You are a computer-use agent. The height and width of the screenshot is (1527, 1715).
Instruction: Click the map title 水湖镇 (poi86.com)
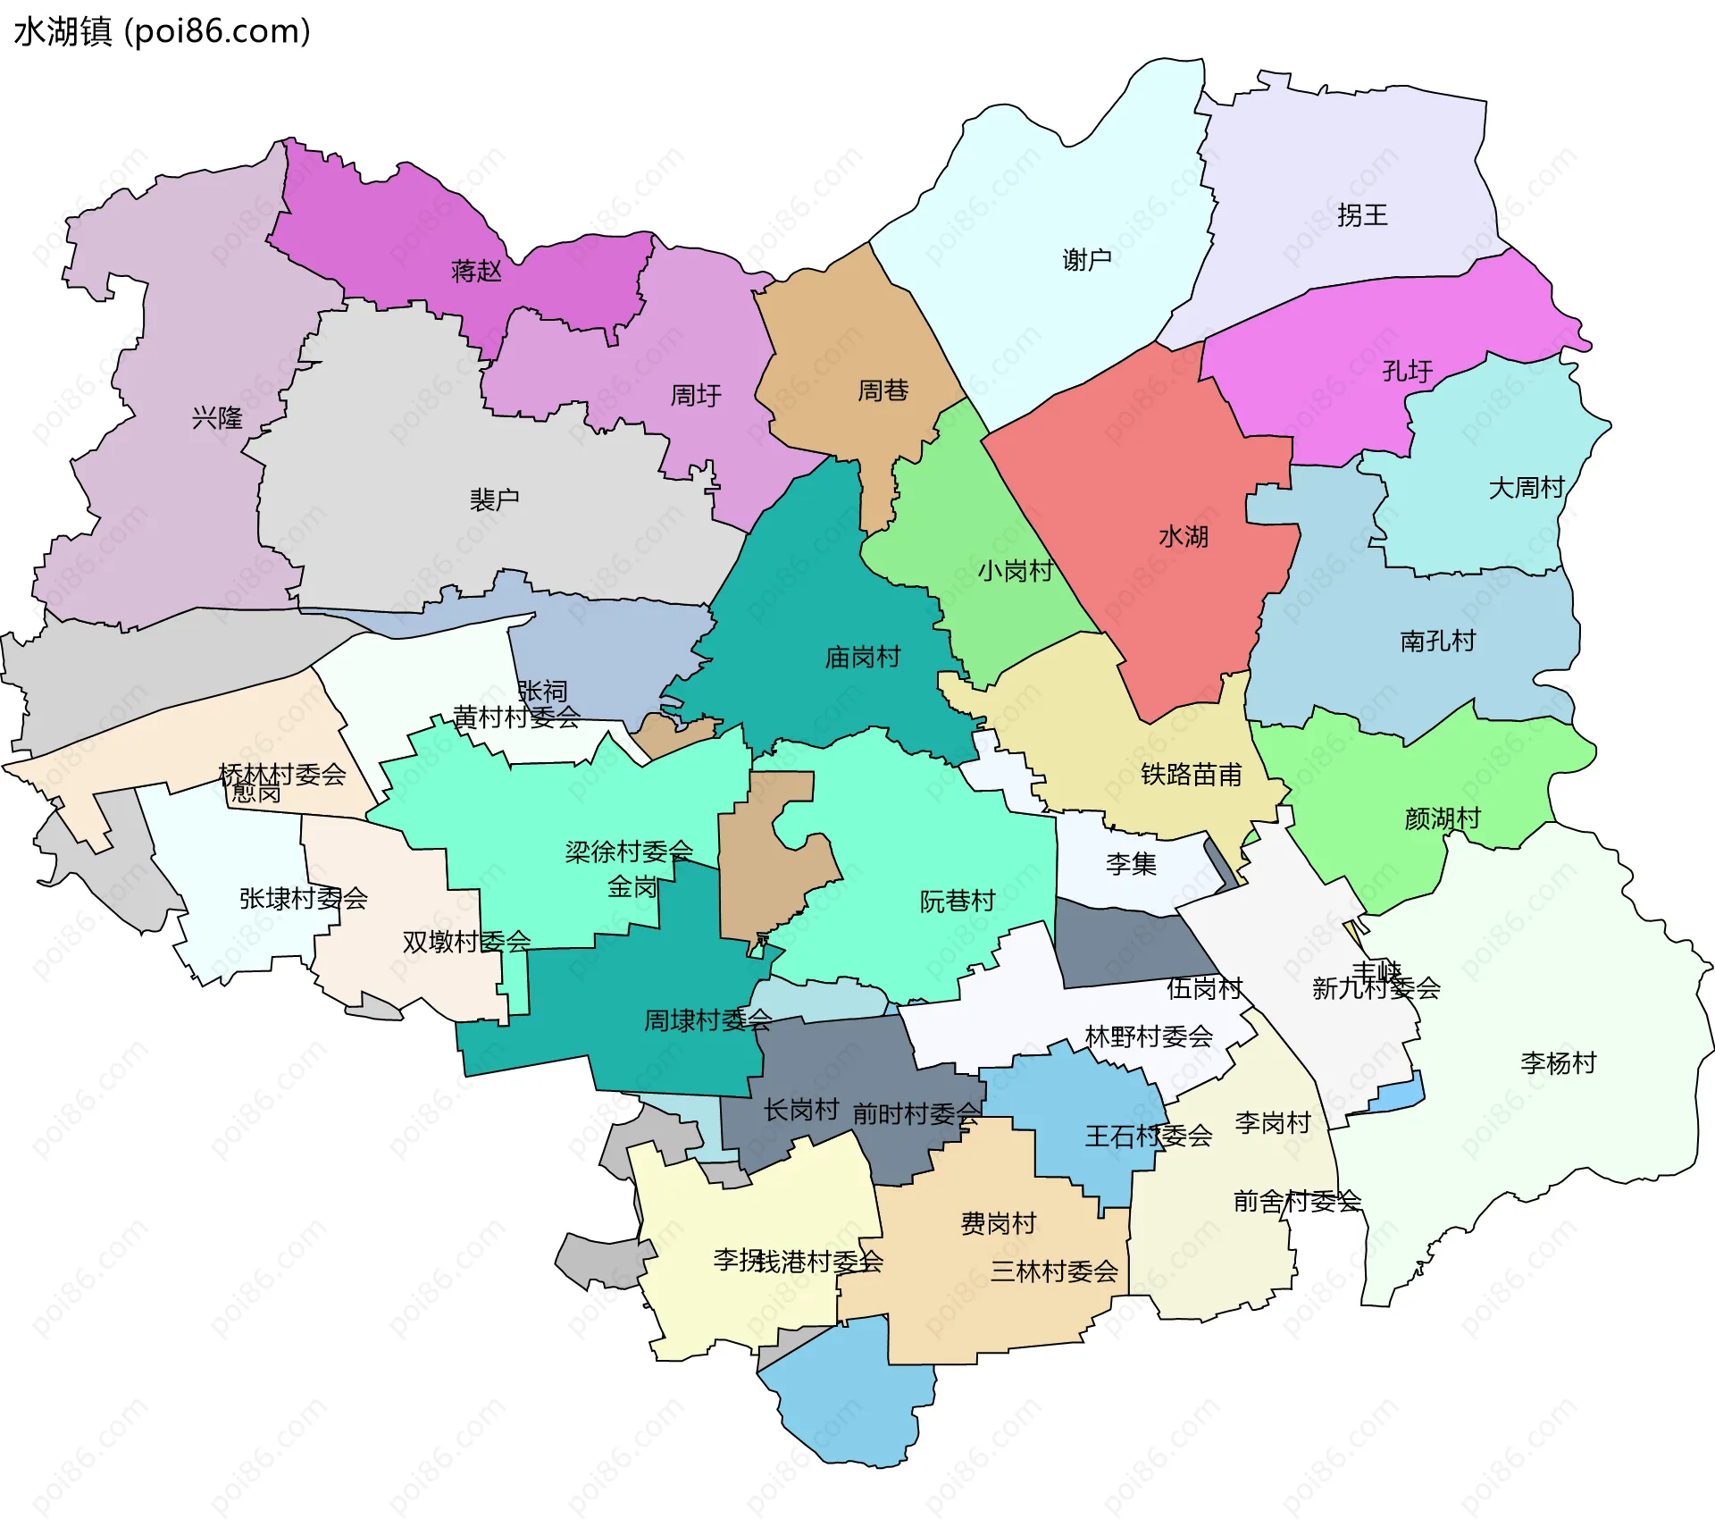coord(162,31)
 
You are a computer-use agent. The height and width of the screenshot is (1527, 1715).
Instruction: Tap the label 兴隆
coord(217,417)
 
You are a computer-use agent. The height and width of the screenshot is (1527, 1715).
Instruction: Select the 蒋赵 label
coord(476,271)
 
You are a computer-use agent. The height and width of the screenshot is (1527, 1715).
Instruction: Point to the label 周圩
coord(696,395)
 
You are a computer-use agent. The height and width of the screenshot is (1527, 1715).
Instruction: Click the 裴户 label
coord(494,499)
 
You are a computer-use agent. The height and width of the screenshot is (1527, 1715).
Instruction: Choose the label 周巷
coord(883,390)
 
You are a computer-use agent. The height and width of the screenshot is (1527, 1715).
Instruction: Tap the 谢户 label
coord(1087,260)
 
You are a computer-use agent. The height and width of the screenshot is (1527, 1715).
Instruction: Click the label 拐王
coord(1362,215)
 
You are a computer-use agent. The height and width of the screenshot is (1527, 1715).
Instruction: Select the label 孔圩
coord(1407,371)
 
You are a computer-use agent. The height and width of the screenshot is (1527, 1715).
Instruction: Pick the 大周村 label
coord(1527,488)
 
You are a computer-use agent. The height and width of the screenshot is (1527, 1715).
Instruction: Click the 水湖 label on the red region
coord(1183,537)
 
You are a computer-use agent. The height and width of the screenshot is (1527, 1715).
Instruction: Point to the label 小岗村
coord(1016,571)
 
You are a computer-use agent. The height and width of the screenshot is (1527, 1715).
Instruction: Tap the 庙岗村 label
coord(862,658)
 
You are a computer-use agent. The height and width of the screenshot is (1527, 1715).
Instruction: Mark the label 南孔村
coord(1437,641)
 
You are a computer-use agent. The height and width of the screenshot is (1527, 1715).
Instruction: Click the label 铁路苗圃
coord(1191,774)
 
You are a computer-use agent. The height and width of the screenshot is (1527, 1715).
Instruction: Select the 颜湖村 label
coord(1442,818)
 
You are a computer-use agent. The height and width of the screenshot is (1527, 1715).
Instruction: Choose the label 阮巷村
coord(957,901)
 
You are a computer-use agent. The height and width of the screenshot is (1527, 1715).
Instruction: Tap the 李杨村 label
coord(1558,1063)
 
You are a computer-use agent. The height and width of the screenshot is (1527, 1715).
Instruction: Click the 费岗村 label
coord(998,1223)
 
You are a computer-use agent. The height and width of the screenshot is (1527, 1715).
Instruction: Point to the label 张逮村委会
coord(303,899)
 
